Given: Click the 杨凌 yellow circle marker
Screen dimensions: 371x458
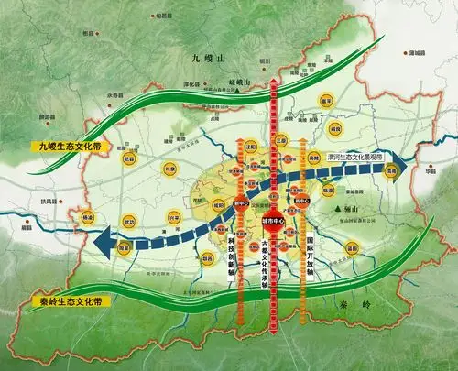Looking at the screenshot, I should [x=88, y=218].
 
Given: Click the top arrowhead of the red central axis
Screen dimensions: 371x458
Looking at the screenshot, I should [x=275, y=82].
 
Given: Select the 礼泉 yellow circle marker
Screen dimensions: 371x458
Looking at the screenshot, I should [x=169, y=169].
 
